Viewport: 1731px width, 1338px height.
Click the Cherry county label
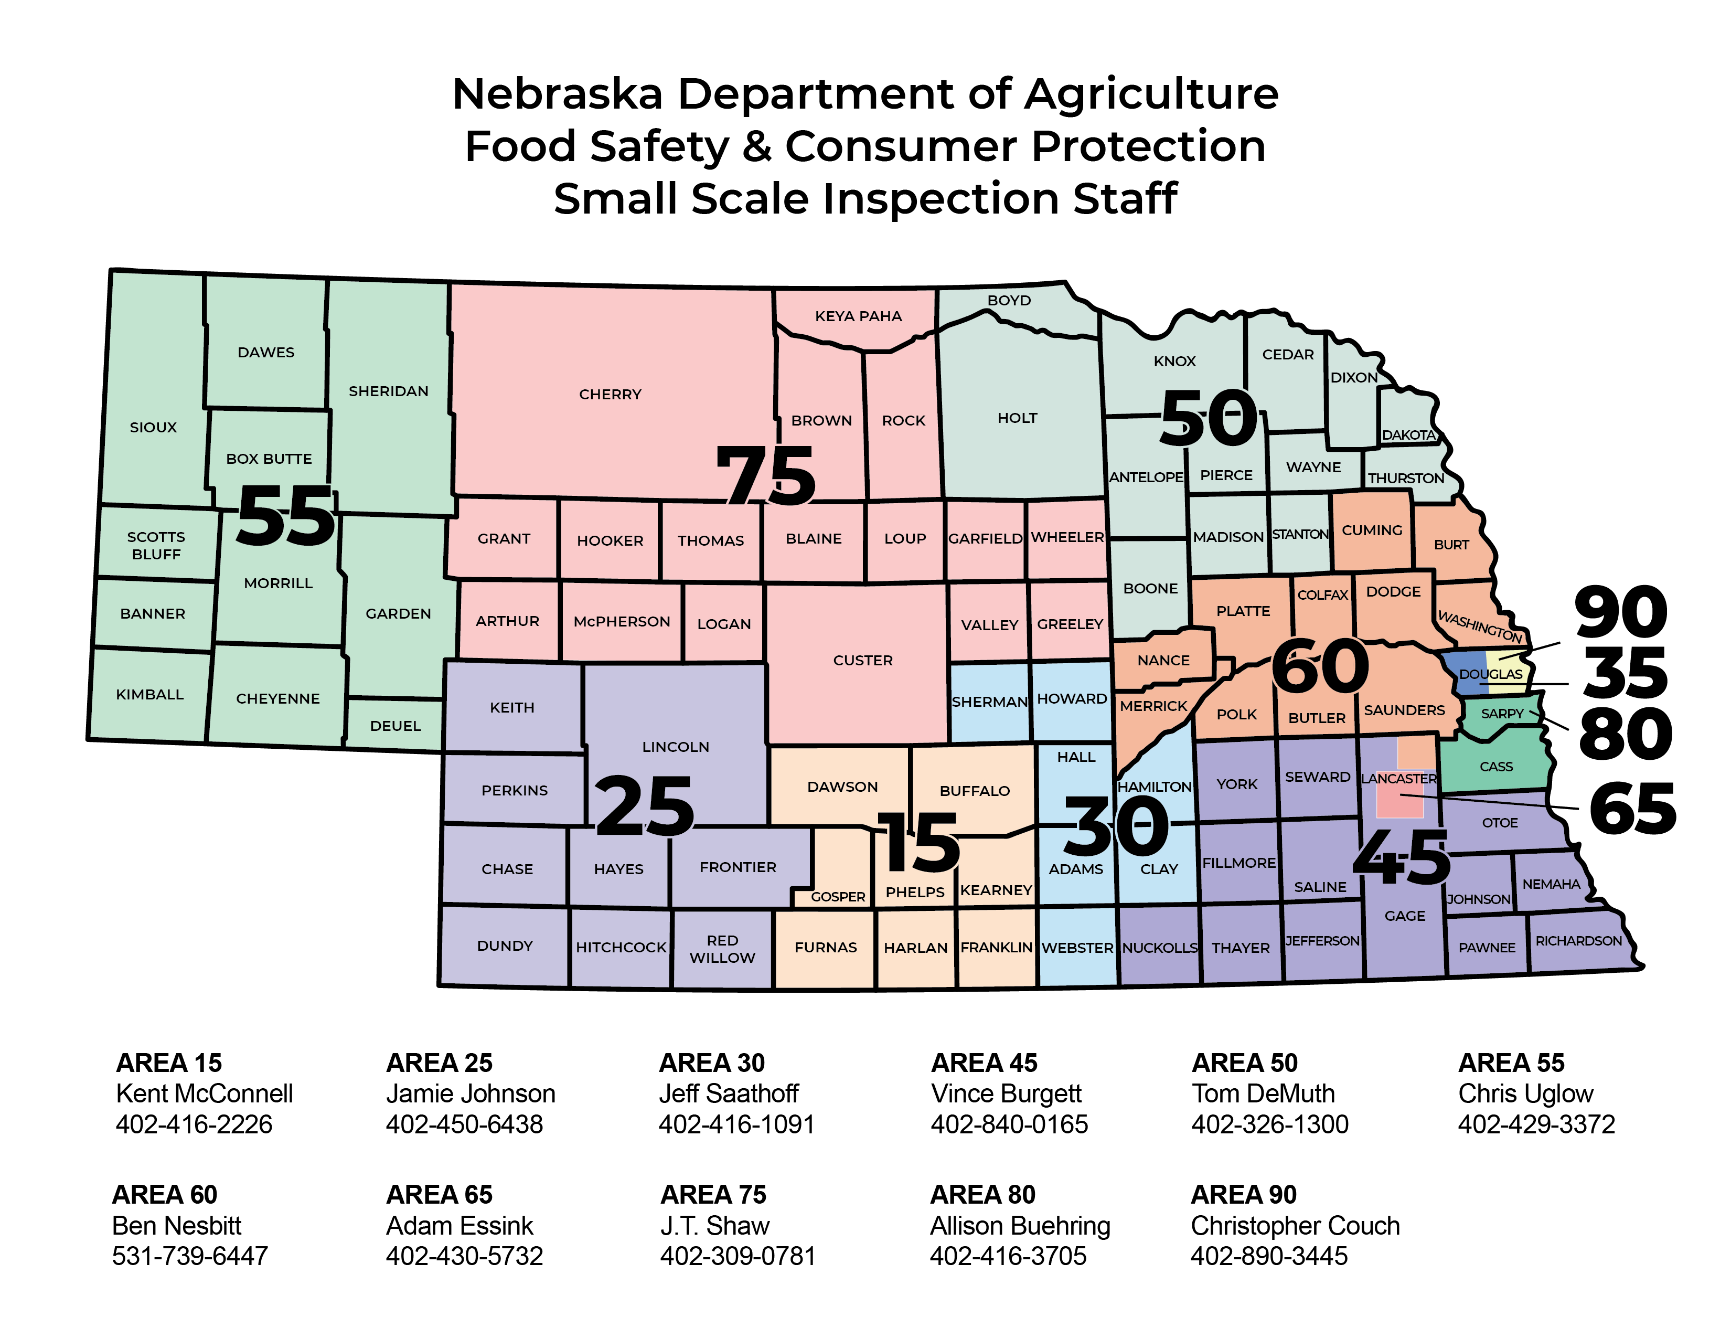(610, 394)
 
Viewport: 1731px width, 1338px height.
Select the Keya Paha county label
(858, 316)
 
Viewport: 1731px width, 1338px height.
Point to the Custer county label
(862, 660)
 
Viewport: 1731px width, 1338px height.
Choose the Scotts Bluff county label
(156, 545)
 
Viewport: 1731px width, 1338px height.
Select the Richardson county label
(1578, 941)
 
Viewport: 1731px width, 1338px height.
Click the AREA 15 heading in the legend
(169, 1062)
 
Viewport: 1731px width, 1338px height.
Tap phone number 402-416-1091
(736, 1124)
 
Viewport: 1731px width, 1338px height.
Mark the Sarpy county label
(1501, 714)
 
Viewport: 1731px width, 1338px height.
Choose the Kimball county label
(150, 694)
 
